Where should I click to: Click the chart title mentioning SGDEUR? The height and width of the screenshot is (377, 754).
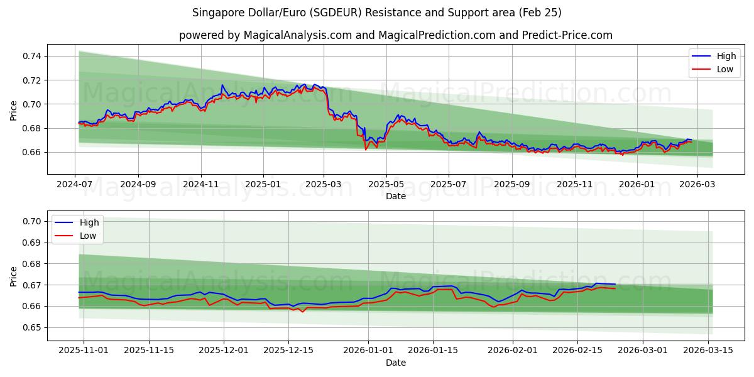(377, 13)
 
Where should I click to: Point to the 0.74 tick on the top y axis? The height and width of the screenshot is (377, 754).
(32, 56)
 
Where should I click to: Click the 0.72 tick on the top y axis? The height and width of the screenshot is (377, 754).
(32, 80)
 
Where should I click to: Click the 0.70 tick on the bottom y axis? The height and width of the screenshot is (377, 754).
(32, 221)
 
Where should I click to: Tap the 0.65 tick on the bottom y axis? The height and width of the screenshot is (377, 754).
(32, 327)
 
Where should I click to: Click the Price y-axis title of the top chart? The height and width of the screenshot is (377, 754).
(14, 110)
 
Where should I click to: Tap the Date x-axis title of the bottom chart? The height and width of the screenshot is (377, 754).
(396, 363)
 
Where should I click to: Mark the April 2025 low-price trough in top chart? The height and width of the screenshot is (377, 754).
(366, 150)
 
